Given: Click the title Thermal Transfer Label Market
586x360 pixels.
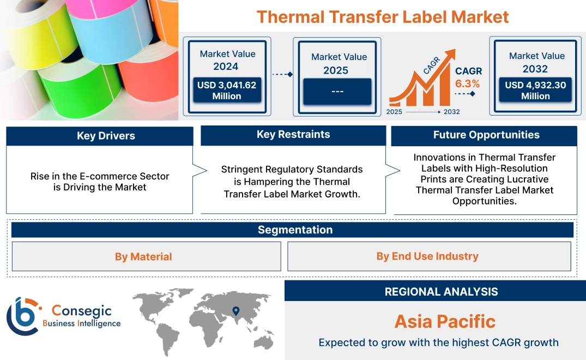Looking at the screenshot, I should tap(382, 16).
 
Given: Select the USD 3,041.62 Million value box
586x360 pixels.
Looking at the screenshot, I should tap(226, 91).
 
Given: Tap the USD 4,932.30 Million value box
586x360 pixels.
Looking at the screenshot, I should tap(535, 91).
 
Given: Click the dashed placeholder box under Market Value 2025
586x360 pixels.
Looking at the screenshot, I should tap(337, 91).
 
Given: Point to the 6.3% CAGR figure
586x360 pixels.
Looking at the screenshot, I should tap(467, 84).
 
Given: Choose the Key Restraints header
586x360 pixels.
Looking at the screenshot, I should tap(293, 135).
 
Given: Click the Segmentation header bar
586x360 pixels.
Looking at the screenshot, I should tap(295, 230).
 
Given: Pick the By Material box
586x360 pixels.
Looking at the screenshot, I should tap(143, 256).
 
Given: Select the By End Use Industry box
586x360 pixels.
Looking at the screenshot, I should tap(427, 256).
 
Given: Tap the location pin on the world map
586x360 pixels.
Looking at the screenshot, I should tap(235, 311).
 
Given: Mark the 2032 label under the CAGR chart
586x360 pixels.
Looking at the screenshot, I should tap(451, 112).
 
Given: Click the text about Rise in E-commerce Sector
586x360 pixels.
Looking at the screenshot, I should tap(100, 182).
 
